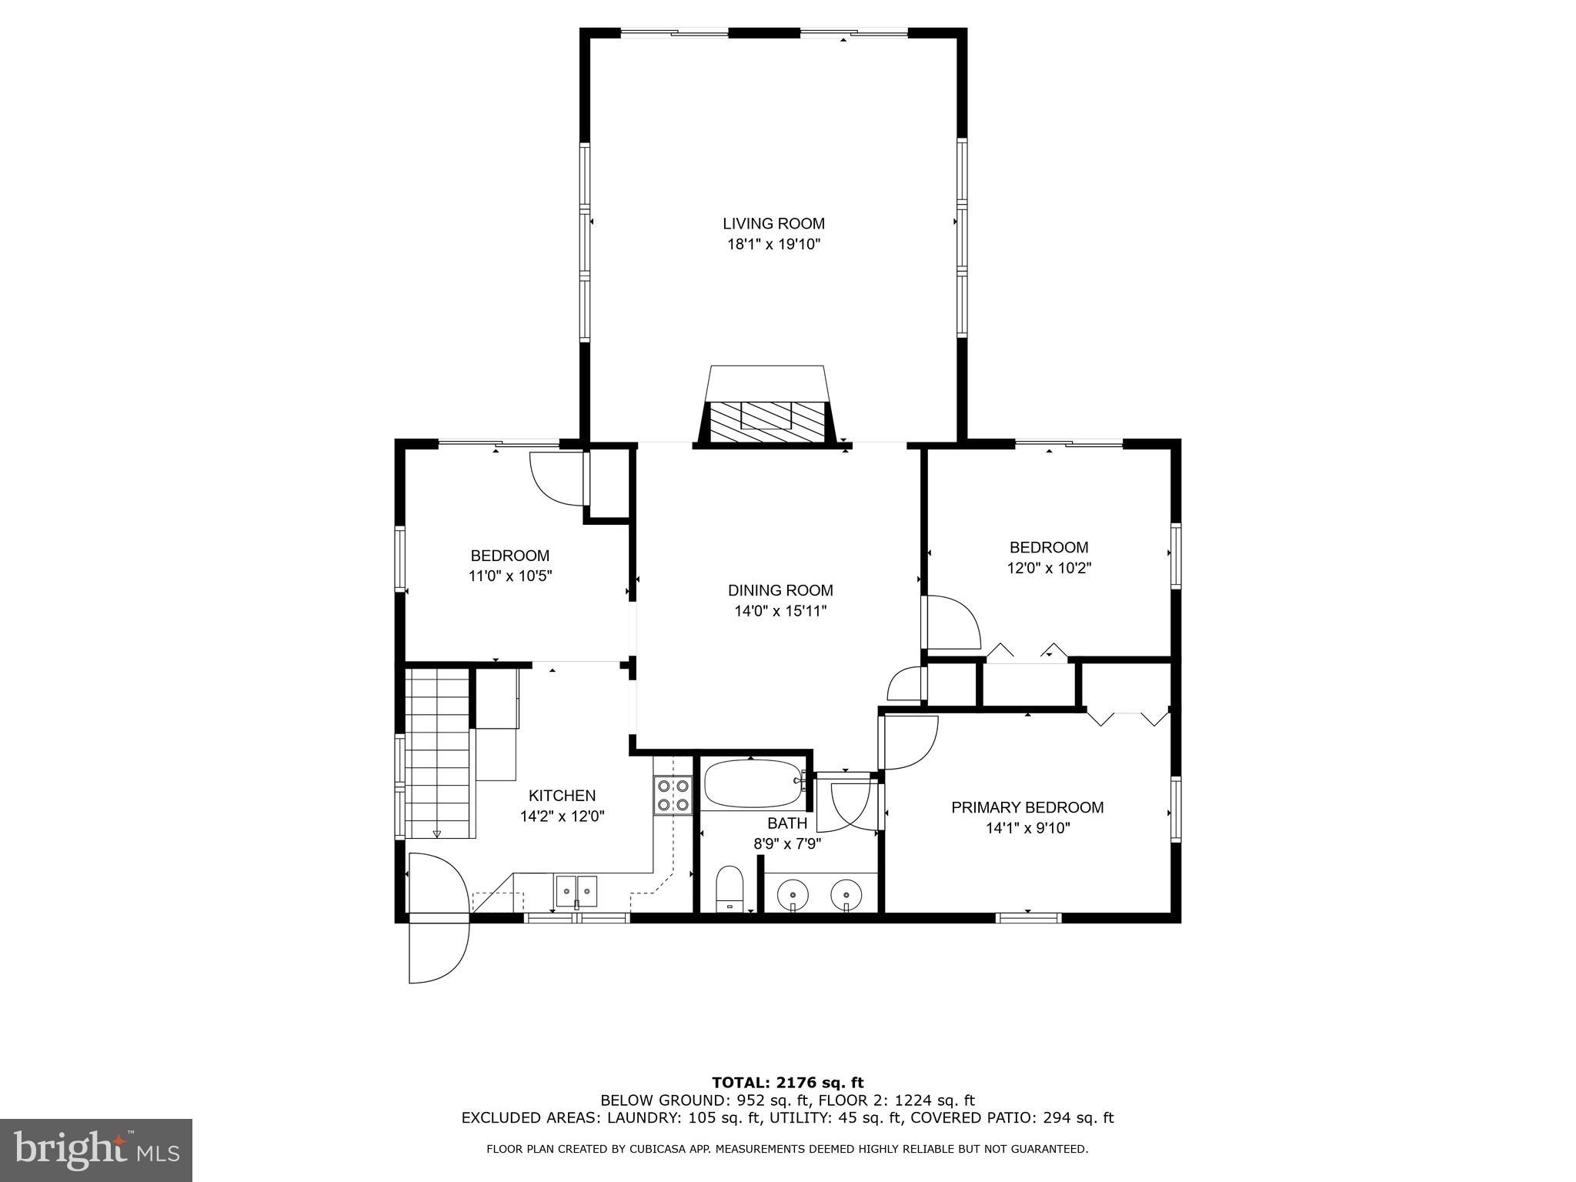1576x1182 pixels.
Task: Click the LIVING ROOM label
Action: pos(773,224)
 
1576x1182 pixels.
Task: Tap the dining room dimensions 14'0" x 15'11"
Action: pos(780,612)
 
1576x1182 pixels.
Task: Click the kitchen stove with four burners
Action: pos(673,795)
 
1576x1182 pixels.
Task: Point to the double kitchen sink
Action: pos(576,890)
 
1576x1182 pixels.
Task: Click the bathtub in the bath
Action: pos(750,783)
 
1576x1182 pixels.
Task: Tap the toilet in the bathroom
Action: pos(729,886)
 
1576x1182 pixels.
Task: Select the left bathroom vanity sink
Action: pos(792,894)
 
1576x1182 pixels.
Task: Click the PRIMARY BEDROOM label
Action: pos(1027,808)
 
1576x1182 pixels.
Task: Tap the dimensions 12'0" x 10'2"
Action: pos(1049,569)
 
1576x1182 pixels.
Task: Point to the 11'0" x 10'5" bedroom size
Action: pos(510,576)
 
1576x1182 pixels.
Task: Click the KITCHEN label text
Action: pos(562,796)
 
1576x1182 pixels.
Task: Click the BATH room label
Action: pos(786,823)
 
